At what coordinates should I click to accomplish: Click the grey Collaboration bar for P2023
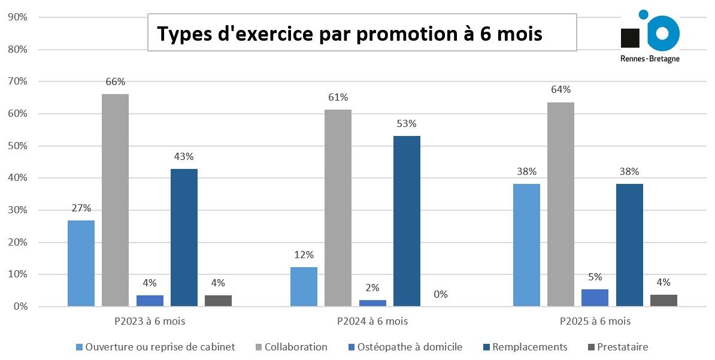(115, 200)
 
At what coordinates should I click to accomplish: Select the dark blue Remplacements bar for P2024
(407, 221)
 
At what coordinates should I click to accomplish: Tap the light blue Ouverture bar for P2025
(526, 245)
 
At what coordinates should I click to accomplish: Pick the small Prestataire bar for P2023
(218, 301)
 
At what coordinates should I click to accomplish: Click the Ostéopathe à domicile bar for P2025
(595, 298)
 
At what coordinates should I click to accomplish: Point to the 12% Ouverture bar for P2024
(304, 287)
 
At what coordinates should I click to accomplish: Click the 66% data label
(115, 81)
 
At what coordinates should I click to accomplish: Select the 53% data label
(407, 124)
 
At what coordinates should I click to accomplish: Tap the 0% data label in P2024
(441, 294)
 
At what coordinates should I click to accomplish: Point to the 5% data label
(595, 277)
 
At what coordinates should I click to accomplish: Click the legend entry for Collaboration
(296, 347)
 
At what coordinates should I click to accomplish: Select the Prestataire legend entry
(622, 347)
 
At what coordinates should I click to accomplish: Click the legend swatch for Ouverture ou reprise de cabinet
(80, 347)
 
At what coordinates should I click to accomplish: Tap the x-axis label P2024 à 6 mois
(372, 321)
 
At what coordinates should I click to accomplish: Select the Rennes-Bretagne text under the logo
(650, 59)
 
